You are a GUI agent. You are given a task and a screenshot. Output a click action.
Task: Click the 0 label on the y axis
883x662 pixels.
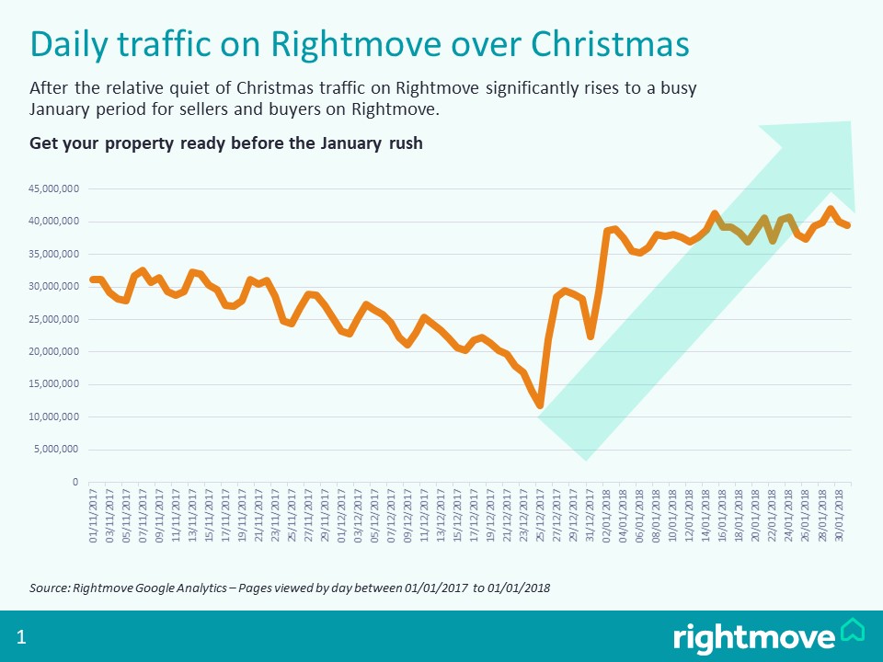tap(75, 482)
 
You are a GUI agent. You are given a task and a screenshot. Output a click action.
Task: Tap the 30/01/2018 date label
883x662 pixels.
tap(842, 517)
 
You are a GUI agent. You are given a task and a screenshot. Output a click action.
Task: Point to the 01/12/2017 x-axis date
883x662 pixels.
tap(343, 517)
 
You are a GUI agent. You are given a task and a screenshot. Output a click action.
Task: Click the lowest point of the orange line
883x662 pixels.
tap(541, 405)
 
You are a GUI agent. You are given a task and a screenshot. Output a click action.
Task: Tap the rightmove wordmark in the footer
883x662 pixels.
tap(754, 636)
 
